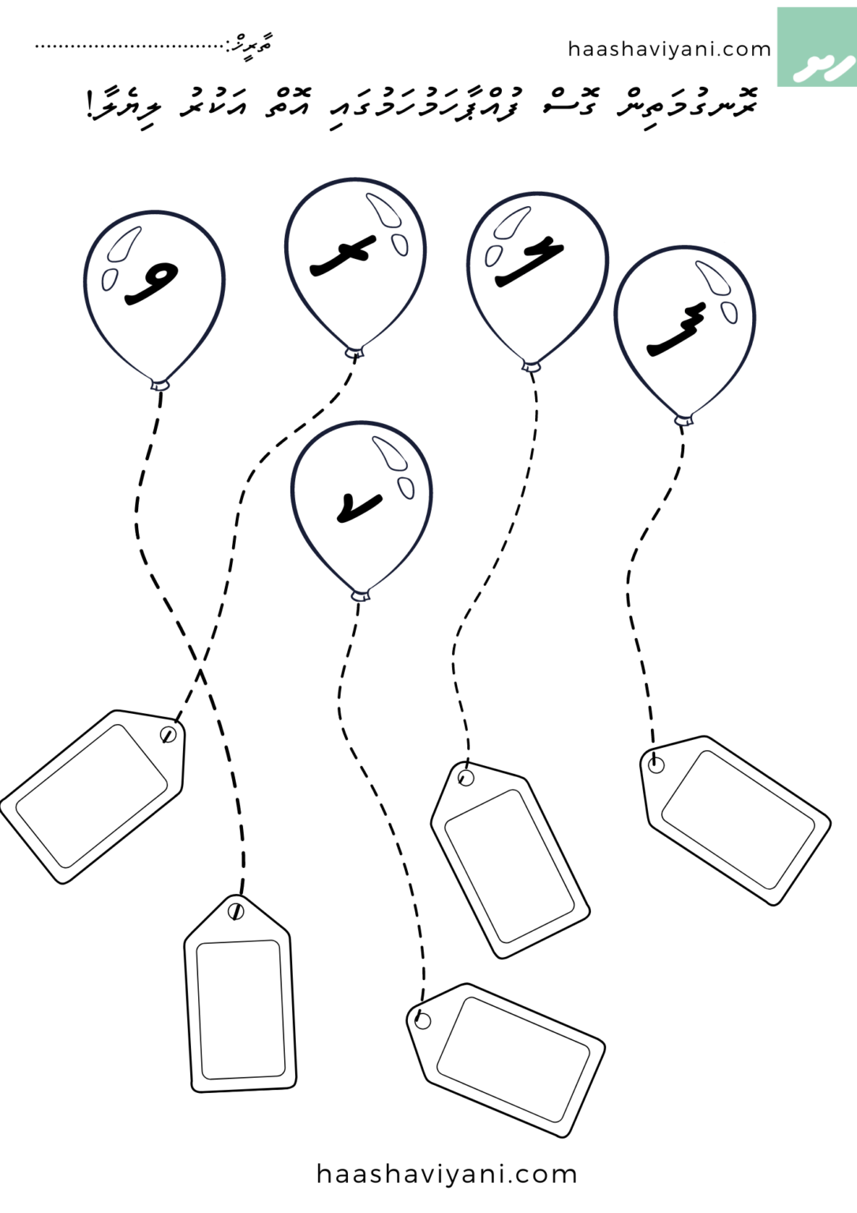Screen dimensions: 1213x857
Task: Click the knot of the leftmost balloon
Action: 160,385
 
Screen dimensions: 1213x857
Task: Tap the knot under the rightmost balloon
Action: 683,419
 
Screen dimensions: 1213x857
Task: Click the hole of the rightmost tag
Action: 656,764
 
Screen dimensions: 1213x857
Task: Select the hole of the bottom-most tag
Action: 423,1020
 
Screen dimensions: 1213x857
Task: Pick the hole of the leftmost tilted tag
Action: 168,734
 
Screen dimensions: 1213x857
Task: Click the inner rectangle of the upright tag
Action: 238,1010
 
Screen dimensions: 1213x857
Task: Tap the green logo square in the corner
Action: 816,47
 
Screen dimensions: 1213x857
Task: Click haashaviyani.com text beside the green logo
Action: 669,49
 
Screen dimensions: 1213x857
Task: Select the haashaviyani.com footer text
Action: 447,1174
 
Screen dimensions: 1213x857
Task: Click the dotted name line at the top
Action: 130,46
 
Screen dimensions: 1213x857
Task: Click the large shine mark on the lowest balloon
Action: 390,453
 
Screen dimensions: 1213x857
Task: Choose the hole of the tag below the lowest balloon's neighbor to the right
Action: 466,778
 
